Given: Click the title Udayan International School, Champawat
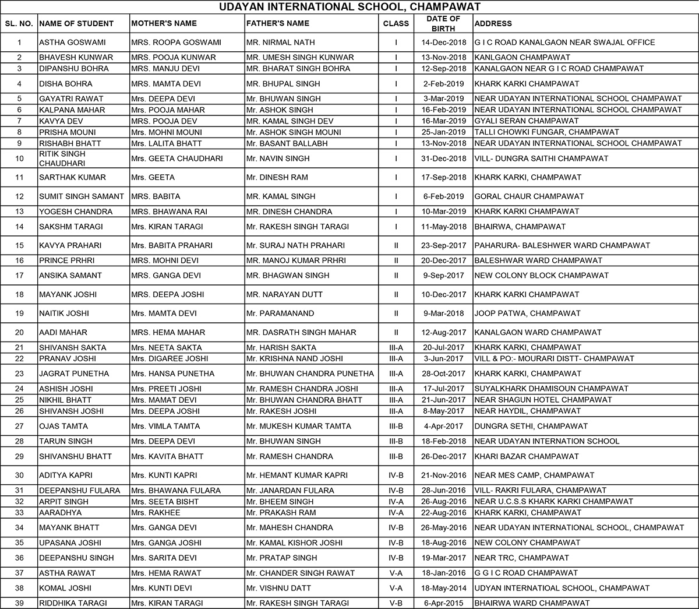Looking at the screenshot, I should pos(349,7).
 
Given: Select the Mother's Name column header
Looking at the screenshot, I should pos(164,23).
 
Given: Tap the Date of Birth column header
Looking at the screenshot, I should pos(443,23).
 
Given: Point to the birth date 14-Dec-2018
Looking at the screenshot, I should pos(443,42).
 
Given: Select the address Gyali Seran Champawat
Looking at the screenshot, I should pos(527,121).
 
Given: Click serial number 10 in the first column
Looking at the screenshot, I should pos(19,158).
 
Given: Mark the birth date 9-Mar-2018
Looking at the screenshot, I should pos(443,313).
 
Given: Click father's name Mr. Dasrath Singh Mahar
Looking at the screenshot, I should pos(301,332).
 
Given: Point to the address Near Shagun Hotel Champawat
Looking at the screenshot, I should pos(543,400).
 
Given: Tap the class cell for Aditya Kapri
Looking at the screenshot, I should pos(396,475).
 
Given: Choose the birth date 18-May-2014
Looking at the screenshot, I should pos(443,588).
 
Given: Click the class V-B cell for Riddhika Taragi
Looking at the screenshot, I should pos(396,603).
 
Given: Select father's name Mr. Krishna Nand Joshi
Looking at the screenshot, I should pos(294,358).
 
